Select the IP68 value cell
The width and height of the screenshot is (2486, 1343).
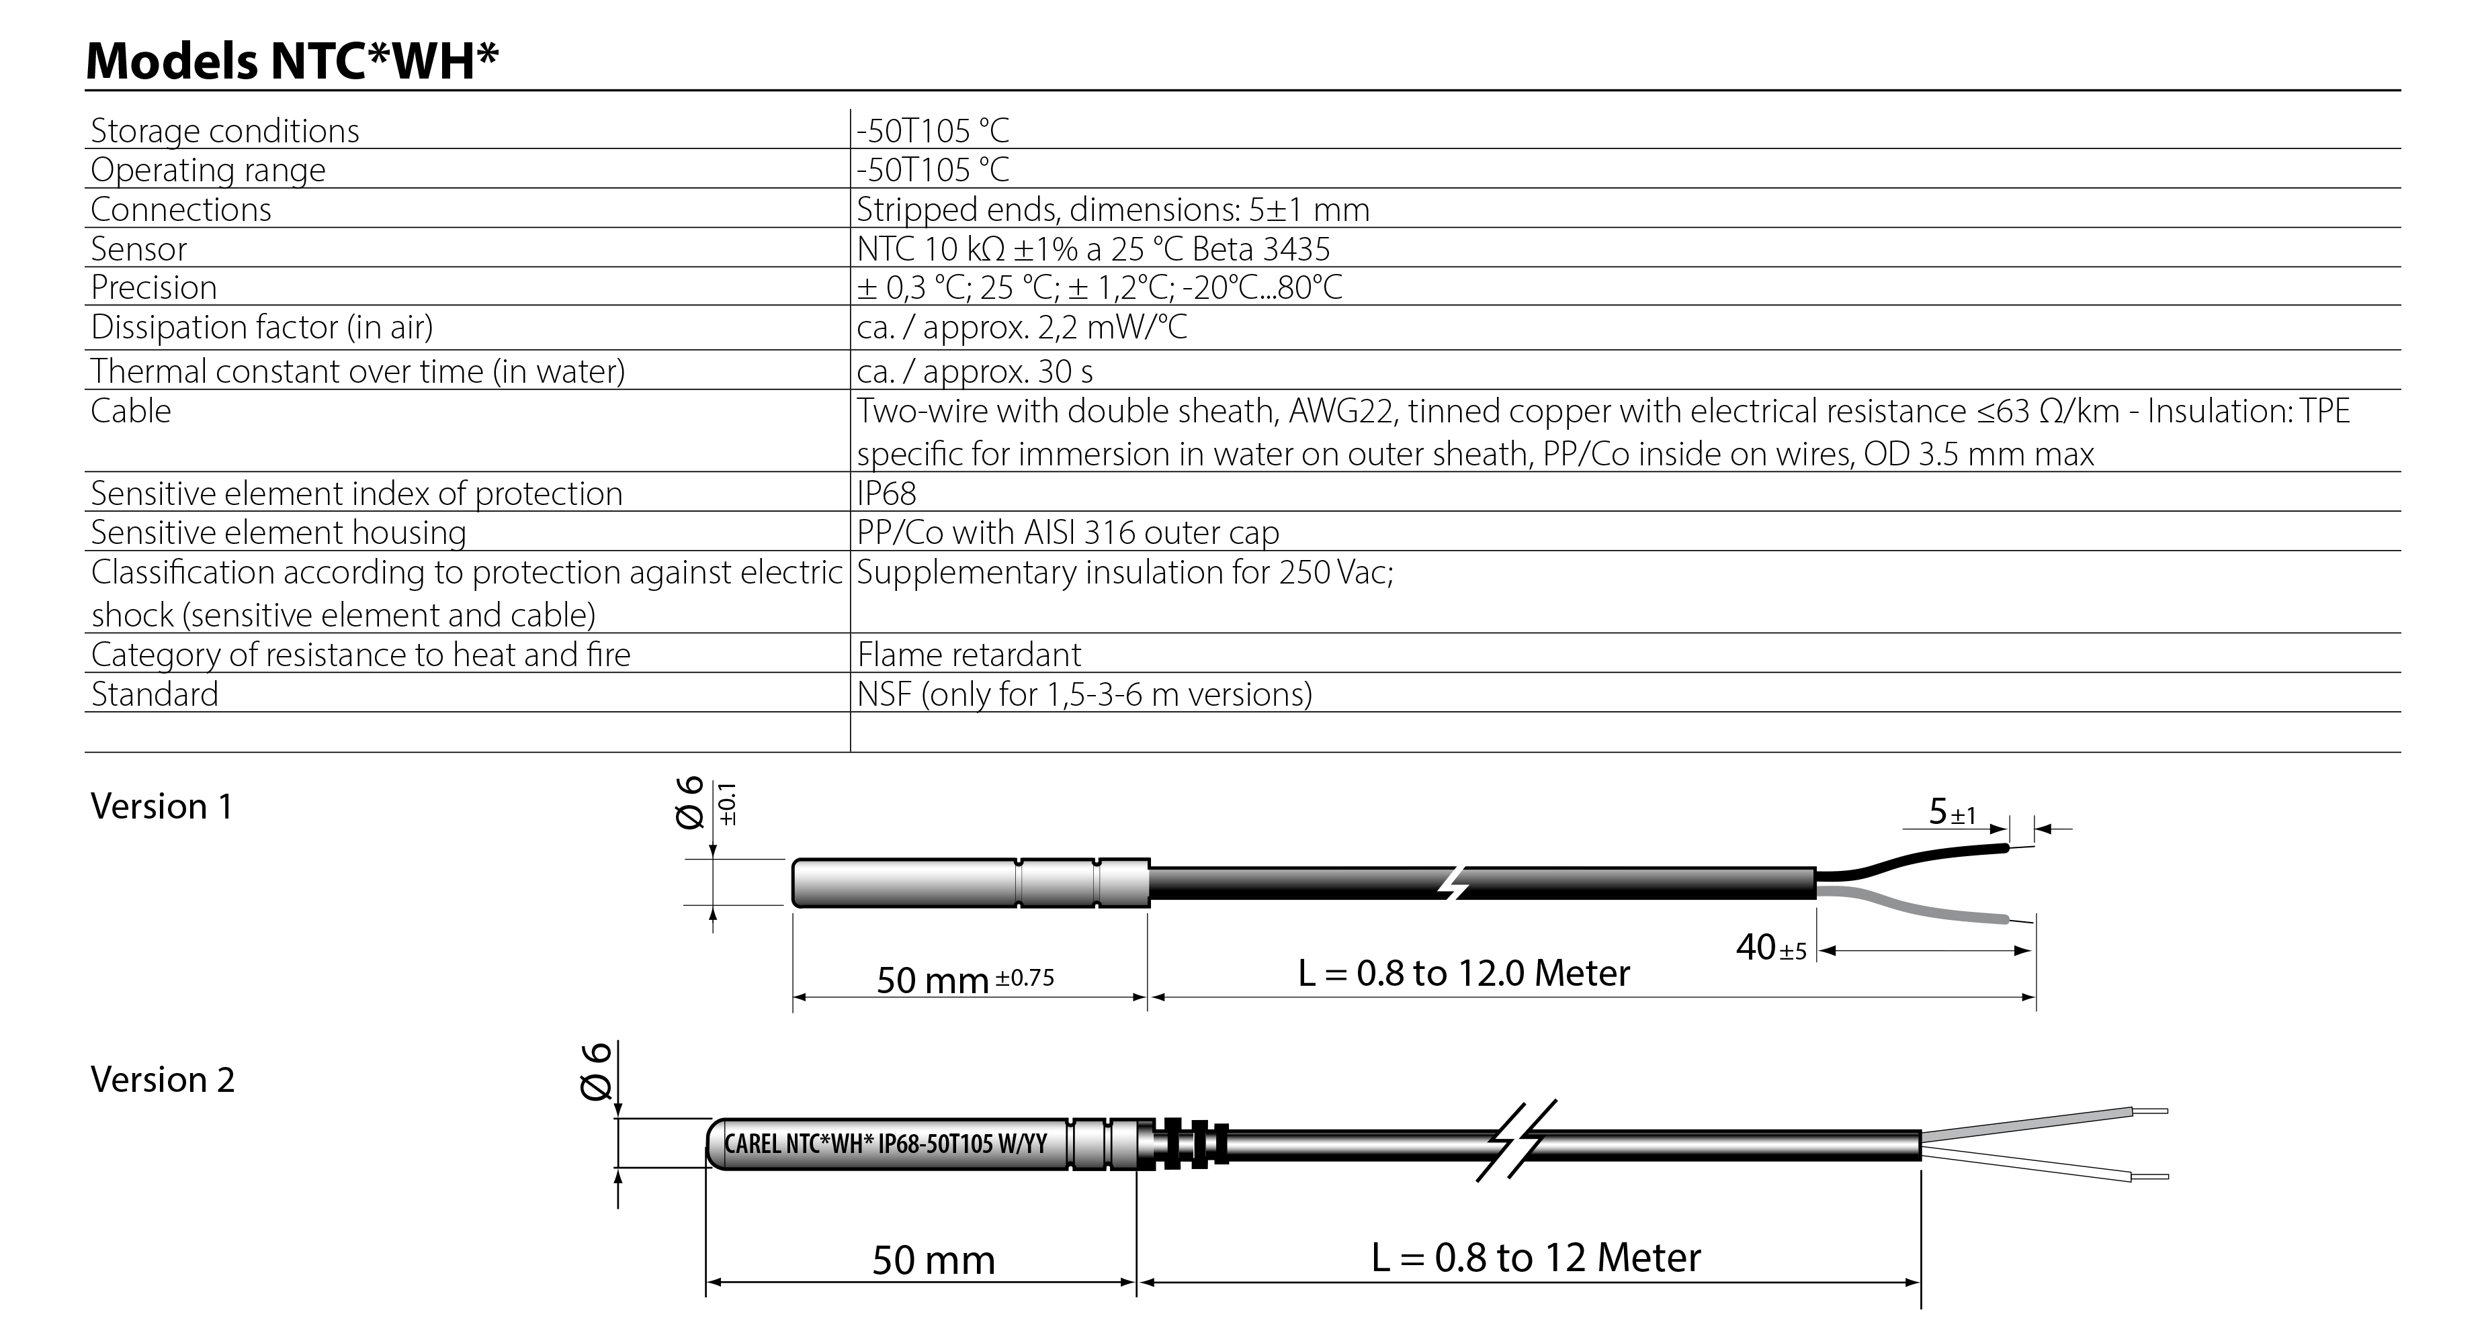click(x=886, y=493)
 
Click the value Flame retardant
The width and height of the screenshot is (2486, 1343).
click(x=968, y=654)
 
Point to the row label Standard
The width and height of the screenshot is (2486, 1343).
click(x=155, y=694)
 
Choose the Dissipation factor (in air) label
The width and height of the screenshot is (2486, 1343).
click(x=261, y=327)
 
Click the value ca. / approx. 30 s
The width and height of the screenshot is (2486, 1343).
click(x=974, y=371)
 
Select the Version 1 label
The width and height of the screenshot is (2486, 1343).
click(x=161, y=806)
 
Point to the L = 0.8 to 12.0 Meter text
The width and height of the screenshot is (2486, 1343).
click(x=1463, y=972)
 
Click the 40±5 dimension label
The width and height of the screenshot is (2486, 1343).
click(x=1770, y=947)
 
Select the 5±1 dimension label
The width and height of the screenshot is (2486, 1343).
click(x=1951, y=813)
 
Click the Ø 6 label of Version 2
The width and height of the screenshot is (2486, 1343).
click(x=597, y=1071)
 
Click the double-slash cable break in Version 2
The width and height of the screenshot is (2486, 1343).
click(x=1515, y=1140)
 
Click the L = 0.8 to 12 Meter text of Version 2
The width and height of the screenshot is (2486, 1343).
click(x=1535, y=1257)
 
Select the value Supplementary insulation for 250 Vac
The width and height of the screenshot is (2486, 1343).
click(x=1124, y=572)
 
